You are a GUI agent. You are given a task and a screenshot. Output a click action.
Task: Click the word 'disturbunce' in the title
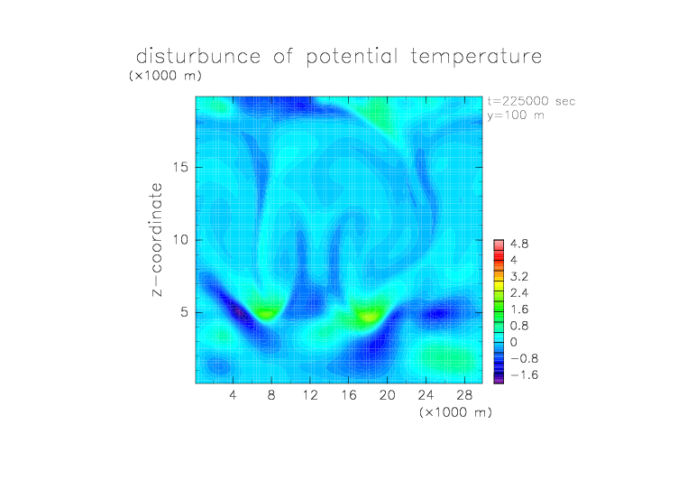point(198,56)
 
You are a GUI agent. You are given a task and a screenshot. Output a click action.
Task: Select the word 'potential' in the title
point(352,57)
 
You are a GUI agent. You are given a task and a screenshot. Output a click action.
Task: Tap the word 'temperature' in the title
point(476,57)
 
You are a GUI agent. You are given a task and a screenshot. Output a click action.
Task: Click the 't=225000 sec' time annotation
point(531,101)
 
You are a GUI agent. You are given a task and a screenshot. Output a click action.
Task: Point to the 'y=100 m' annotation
point(516,115)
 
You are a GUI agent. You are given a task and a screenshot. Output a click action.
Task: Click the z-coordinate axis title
point(157,239)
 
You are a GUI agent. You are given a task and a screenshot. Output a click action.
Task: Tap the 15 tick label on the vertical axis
point(180,167)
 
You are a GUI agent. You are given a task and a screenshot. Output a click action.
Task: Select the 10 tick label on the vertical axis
point(180,240)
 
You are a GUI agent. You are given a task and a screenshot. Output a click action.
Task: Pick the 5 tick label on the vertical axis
point(185,312)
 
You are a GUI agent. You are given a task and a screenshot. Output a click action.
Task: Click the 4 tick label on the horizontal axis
point(233,394)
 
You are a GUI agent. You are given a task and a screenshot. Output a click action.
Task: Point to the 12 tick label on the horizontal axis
point(310,394)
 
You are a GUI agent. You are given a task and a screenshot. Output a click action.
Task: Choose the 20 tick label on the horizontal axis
point(387,394)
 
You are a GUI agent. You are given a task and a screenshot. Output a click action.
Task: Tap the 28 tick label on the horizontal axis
point(464,394)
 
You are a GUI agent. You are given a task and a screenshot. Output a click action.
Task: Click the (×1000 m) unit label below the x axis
point(455,412)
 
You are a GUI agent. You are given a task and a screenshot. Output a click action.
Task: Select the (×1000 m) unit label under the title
point(165,76)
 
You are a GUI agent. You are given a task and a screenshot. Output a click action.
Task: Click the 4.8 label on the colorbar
point(519,245)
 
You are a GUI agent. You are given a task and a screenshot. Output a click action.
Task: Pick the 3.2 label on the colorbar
point(519,277)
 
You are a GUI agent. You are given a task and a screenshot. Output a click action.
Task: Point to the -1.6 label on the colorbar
point(524,374)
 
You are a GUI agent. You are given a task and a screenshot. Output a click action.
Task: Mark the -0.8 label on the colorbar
point(524,358)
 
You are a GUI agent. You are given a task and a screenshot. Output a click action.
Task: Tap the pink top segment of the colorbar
point(499,245)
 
